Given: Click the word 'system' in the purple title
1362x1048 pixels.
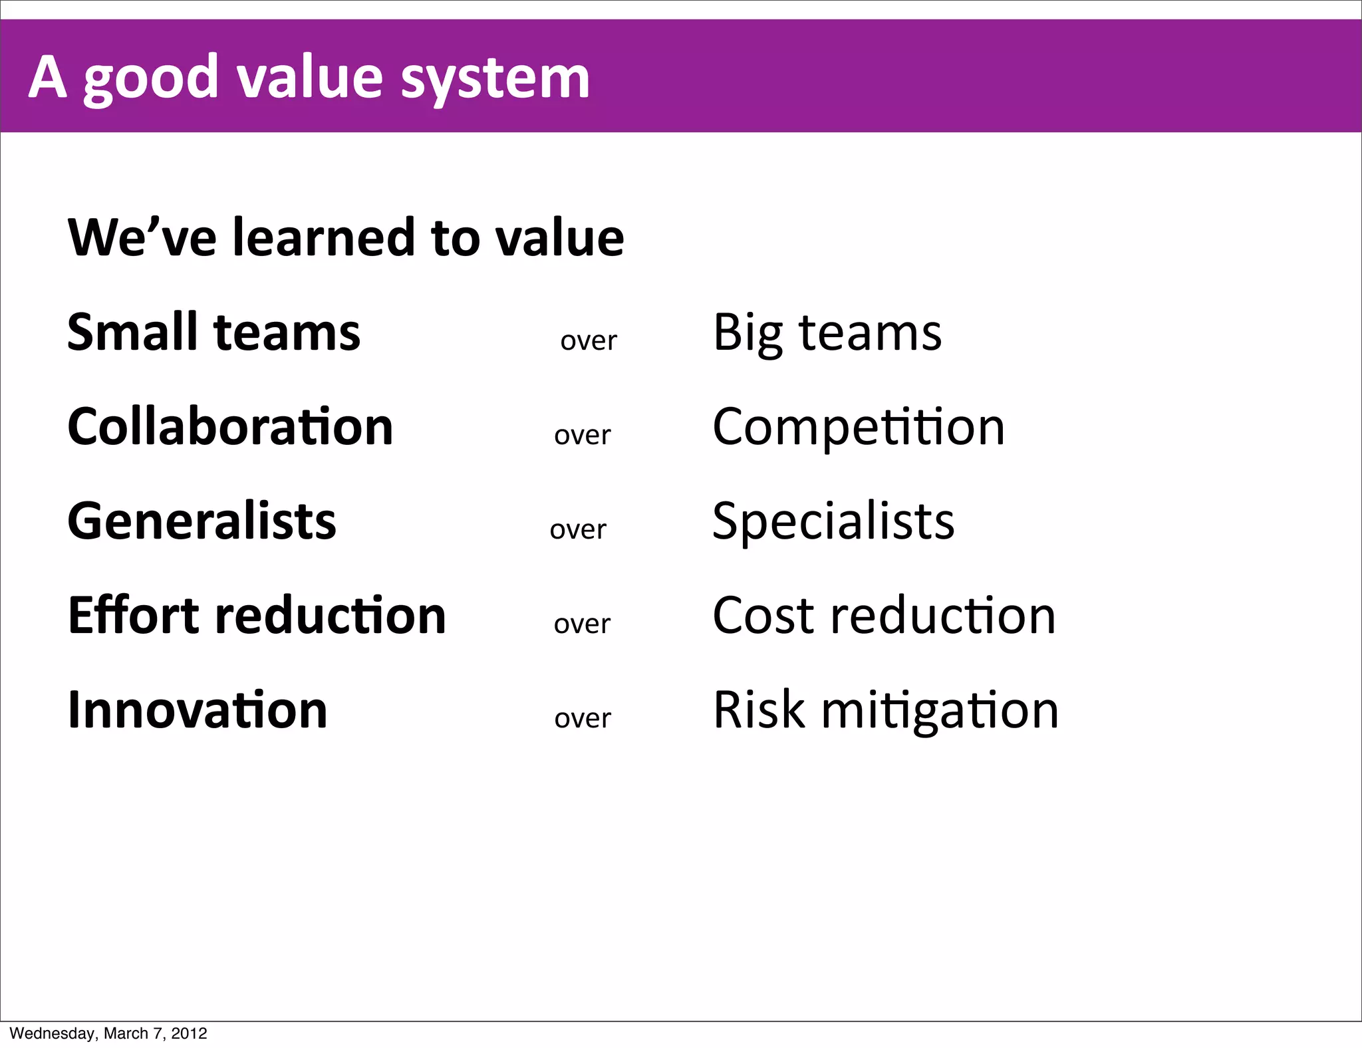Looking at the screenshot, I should pos(495,79).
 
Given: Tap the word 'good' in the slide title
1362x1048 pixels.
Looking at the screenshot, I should pos(151,79).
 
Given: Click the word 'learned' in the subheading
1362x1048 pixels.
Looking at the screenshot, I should pos(323,237).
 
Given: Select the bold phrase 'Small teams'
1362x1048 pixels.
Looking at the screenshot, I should pos(213,332).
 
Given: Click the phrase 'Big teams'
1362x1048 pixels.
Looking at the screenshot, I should pos(827,332).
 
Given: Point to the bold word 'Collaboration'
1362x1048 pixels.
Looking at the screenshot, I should pos(230,426).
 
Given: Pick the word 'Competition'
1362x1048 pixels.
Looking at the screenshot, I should pos(858,428).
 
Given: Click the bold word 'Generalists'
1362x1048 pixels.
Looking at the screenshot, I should pos(202,521).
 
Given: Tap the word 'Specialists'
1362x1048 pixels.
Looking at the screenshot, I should pos(833,521).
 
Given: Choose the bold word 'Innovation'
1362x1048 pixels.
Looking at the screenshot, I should pos(198,710).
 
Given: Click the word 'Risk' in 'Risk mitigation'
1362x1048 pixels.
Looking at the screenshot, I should pos(758,710).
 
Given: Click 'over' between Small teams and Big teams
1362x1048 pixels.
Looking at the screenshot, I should pos(589,340).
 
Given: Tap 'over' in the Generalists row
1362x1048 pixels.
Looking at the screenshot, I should pos(578,529).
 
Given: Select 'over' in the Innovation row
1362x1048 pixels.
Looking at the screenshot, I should pos(583,718).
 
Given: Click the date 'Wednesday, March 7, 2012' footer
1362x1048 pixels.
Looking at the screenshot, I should pos(108,1033).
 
